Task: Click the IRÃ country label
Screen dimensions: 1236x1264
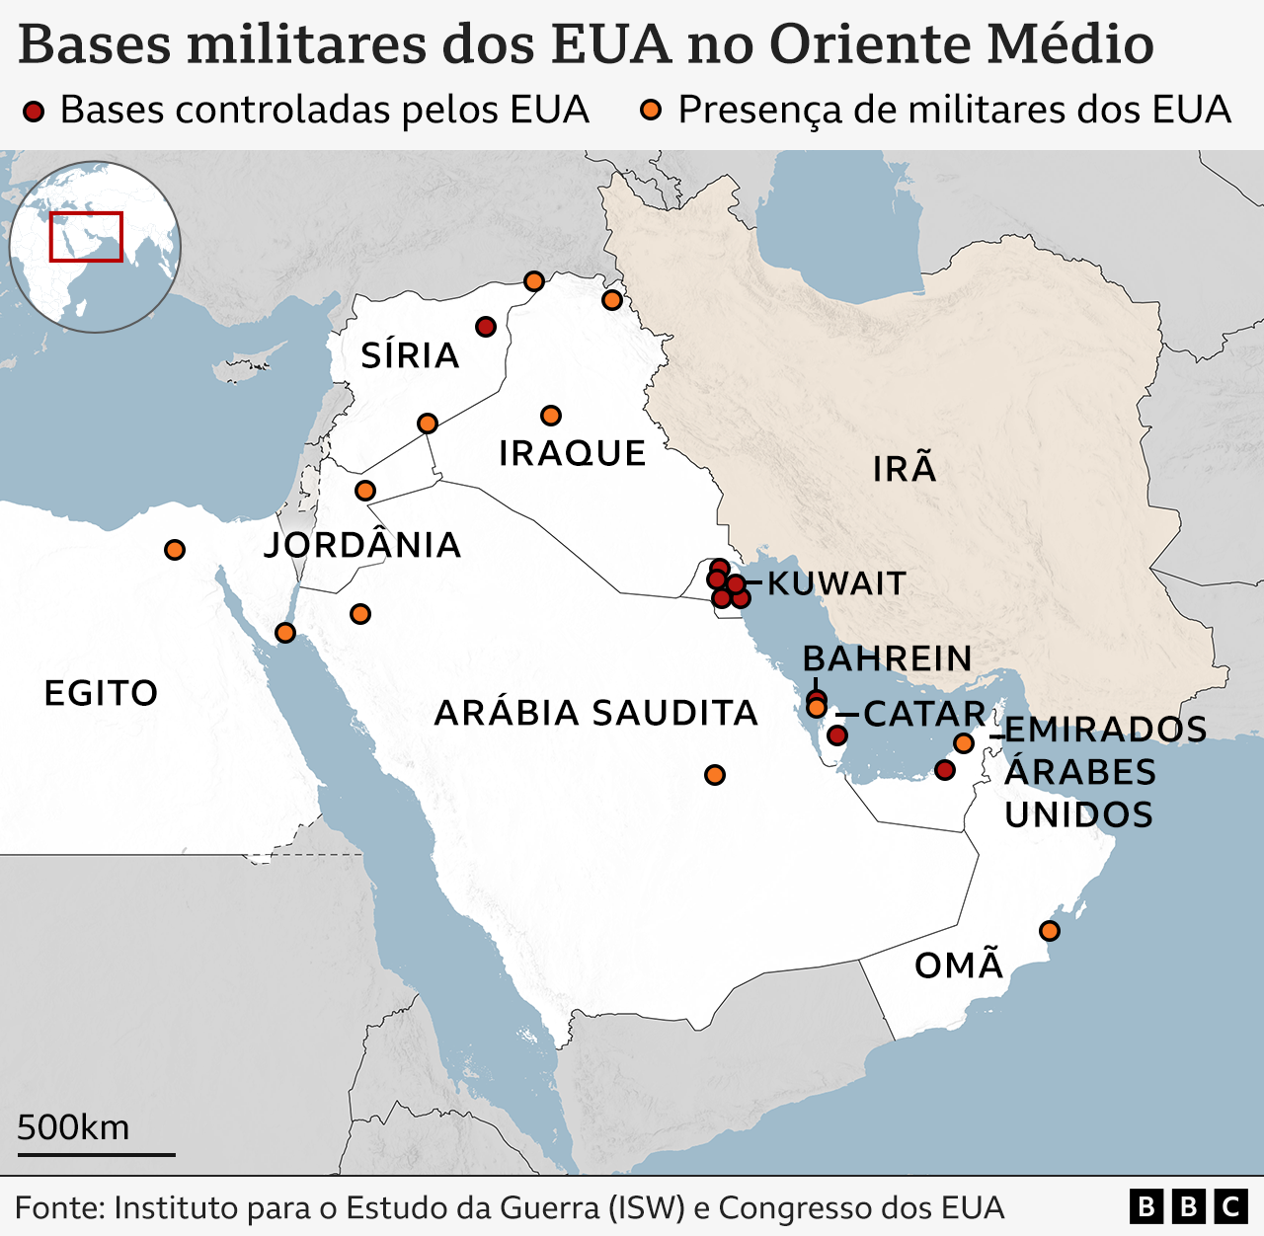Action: (x=904, y=468)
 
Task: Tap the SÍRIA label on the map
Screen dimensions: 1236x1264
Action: (x=410, y=355)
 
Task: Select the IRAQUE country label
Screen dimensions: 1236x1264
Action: (x=572, y=453)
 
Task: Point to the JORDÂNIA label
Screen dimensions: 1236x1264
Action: (x=362, y=545)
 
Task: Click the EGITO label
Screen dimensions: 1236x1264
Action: (x=101, y=693)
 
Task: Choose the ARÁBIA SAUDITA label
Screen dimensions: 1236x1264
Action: (x=595, y=713)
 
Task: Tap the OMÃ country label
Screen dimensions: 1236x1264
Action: (x=959, y=965)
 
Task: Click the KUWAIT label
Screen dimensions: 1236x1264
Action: (x=836, y=583)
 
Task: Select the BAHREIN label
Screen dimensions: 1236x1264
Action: (x=887, y=658)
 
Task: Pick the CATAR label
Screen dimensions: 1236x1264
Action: (x=924, y=713)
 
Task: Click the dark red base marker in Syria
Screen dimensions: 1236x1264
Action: (x=485, y=327)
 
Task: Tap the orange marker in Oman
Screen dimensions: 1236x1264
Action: (x=1050, y=930)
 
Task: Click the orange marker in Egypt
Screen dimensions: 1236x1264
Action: (x=175, y=550)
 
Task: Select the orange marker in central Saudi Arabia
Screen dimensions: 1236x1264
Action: (x=715, y=775)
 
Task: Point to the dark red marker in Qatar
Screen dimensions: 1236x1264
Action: (x=837, y=735)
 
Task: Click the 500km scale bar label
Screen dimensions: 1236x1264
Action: (x=73, y=1127)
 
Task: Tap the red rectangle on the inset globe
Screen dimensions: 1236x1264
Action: (x=86, y=237)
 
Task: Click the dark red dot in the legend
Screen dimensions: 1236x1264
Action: (x=35, y=111)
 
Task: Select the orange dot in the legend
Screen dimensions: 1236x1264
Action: (x=651, y=111)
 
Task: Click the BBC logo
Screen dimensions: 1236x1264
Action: (x=1188, y=1206)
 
